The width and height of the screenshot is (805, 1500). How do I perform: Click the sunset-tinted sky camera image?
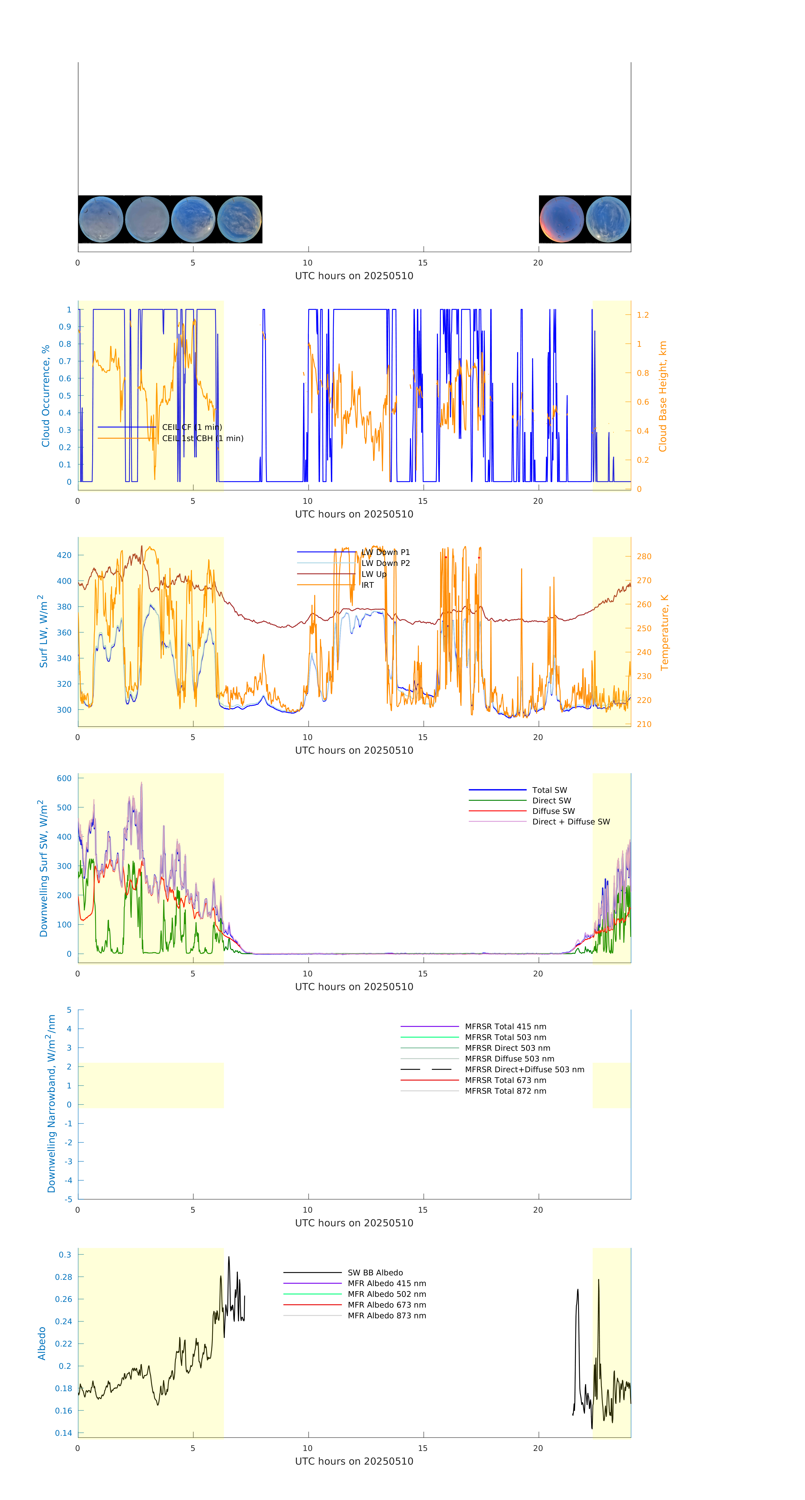(561, 220)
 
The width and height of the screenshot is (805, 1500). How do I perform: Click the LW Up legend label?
(374, 574)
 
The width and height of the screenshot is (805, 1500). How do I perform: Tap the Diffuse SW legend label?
(553, 811)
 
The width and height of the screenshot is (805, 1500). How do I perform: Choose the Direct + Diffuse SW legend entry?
(570, 822)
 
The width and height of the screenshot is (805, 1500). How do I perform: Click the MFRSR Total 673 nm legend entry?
(505, 1080)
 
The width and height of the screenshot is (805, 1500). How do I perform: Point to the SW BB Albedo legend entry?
(375, 1273)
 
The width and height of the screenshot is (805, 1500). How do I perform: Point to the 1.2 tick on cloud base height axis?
(643, 315)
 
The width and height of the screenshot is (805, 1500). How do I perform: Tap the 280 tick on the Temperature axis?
(644, 557)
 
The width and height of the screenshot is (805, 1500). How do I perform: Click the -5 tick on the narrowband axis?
(69, 1200)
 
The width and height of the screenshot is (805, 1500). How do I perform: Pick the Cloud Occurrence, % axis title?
(45, 396)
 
